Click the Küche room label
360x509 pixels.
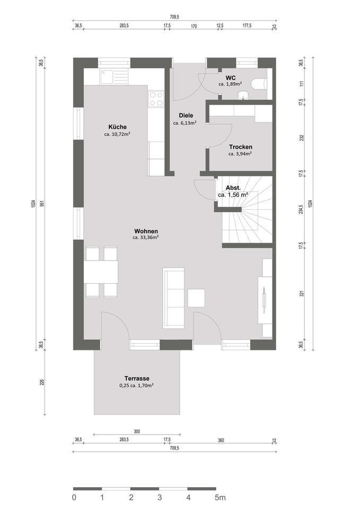(x=117, y=127)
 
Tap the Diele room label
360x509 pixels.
(x=186, y=116)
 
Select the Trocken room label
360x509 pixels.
(x=240, y=147)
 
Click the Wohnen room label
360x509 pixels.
(x=146, y=231)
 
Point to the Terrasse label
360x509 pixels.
(x=137, y=378)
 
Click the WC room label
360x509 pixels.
(x=230, y=77)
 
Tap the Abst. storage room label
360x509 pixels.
(x=233, y=188)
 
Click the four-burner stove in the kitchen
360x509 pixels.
(x=156, y=99)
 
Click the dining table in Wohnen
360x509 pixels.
(x=101, y=272)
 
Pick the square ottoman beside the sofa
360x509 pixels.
(x=197, y=298)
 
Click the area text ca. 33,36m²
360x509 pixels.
(x=146, y=238)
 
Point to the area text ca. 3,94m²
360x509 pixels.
(x=240, y=154)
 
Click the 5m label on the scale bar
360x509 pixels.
(x=220, y=497)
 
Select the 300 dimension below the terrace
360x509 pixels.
(x=136, y=432)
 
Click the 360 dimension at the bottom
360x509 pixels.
(x=221, y=440)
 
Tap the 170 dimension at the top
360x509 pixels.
(x=194, y=25)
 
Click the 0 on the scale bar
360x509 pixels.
(x=74, y=497)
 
